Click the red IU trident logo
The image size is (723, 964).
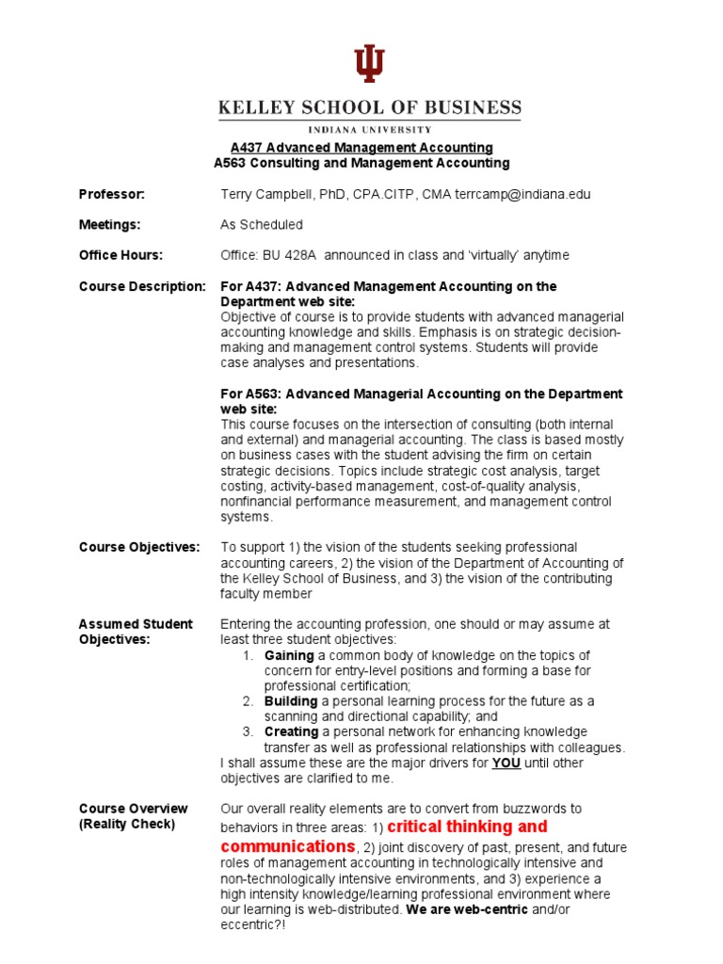[369, 64]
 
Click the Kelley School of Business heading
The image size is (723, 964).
[369, 108]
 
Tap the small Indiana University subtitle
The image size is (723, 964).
[369, 129]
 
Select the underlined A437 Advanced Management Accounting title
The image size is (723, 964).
[361, 148]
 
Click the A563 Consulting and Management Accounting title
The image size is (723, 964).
[361, 163]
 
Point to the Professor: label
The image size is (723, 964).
[111, 194]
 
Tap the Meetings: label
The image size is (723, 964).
[110, 225]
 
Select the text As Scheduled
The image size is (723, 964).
[262, 225]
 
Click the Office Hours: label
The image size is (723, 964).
[120, 255]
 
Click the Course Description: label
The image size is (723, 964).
[141, 286]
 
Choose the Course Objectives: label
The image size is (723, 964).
[139, 547]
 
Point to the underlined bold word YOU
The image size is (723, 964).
[506, 763]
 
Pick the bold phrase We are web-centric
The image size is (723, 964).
[467, 909]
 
